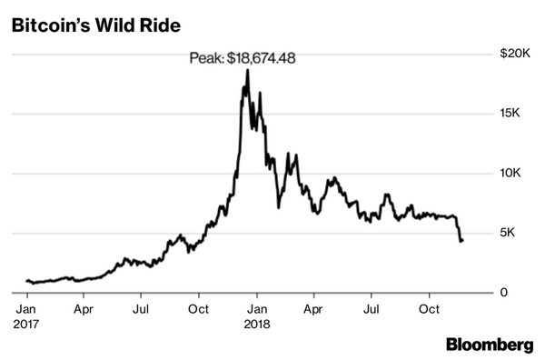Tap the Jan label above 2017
pyautogui.click(x=27, y=307)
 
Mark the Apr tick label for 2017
pyautogui.click(x=84, y=307)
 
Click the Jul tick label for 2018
pyautogui.click(x=371, y=307)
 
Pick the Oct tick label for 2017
pyautogui.click(x=199, y=307)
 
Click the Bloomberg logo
pyautogui.click(x=489, y=344)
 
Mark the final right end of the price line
pyautogui.click(x=462, y=241)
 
